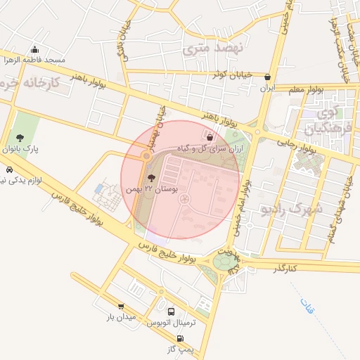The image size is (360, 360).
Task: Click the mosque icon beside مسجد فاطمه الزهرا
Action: [x=35, y=49]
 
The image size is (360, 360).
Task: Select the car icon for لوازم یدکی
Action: [x=8, y=170]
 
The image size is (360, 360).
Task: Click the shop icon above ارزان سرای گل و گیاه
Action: [x=210, y=136]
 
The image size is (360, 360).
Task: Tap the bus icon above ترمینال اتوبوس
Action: [x=172, y=311]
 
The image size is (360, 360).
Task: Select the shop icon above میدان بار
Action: [x=121, y=307]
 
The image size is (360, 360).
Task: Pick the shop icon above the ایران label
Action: [x=267, y=77]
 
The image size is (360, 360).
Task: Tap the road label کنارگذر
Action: [x=286, y=268]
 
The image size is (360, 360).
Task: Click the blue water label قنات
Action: [x=308, y=307]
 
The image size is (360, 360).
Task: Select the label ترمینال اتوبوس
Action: [x=169, y=323]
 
